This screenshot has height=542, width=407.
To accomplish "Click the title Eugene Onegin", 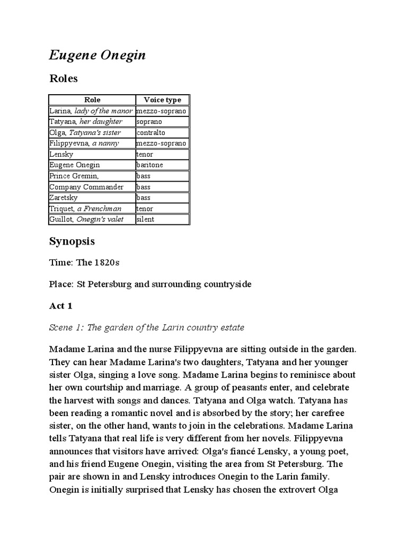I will point(98,56).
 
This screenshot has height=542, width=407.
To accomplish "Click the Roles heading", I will point(64,79).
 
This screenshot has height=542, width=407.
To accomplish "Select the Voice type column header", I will point(162,100).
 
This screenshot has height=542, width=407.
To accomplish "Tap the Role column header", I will point(92,100).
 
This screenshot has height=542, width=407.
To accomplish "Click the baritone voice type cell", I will point(149,165).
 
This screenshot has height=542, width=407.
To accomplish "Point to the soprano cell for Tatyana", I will point(149,122).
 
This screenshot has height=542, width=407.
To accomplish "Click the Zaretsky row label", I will point(64,197).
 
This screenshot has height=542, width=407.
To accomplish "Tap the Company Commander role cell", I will point(86,187).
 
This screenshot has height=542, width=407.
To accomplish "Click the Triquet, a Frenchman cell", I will point(85,209).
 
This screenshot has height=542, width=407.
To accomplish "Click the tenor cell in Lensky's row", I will point(145,155).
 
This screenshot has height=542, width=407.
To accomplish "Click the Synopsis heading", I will point(72,241).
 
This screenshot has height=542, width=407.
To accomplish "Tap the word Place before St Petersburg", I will point(61,284).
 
